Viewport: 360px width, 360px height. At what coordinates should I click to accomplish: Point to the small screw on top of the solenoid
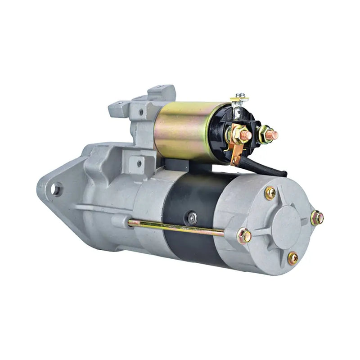(x=242, y=96)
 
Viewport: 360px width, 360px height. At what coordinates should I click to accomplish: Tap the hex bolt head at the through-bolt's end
(x=244, y=235)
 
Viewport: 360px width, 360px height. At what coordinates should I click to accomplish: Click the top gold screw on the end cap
(x=270, y=193)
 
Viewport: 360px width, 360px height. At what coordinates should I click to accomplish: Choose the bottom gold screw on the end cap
(x=292, y=258)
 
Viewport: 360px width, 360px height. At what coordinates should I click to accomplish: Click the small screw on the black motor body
(x=193, y=218)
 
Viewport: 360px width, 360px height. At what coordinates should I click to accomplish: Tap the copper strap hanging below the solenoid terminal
(x=235, y=153)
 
